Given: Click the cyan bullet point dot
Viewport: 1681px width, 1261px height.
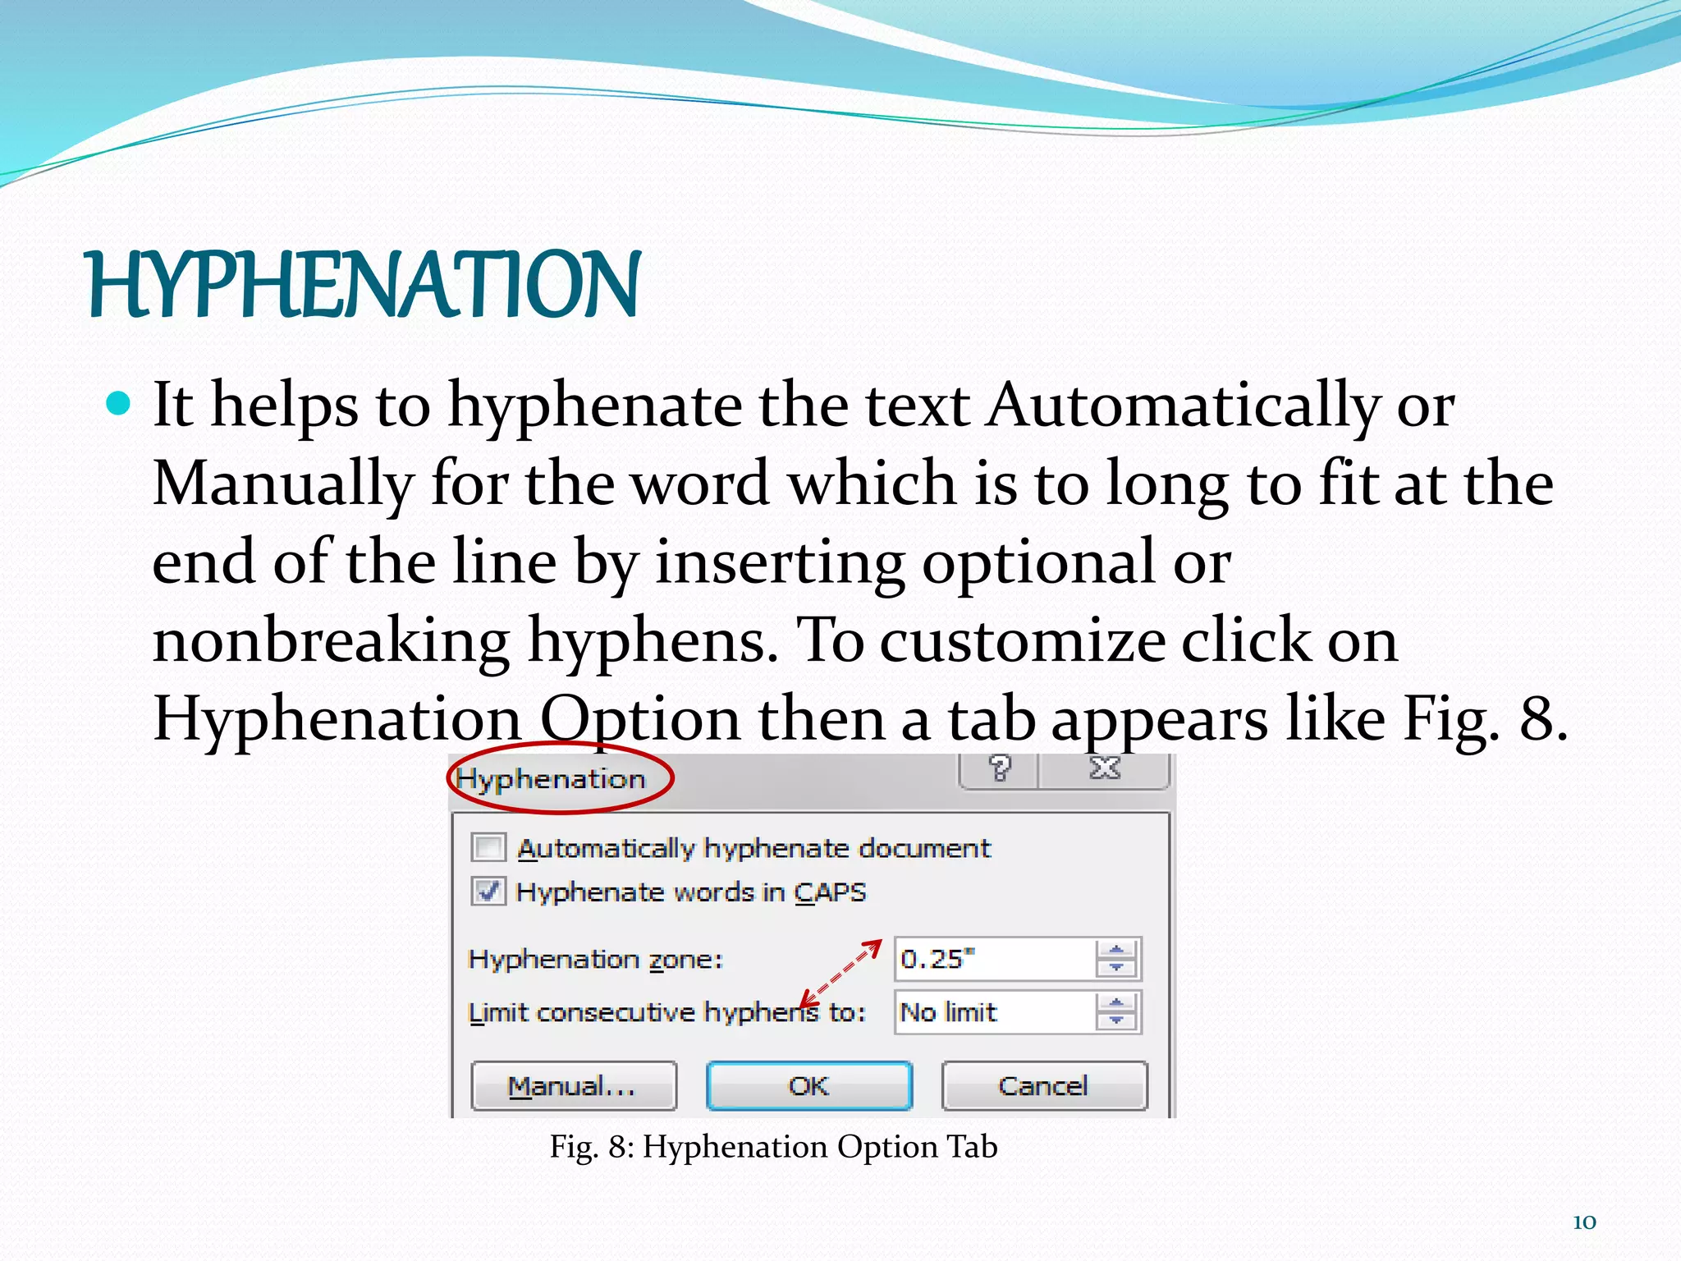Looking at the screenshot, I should pyautogui.click(x=119, y=403).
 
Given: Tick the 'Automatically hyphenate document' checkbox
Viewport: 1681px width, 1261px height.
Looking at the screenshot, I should pyautogui.click(x=488, y=846).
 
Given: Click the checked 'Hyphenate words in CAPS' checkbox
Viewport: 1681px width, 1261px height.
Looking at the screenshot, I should pyautogui.click(x=488, y=891).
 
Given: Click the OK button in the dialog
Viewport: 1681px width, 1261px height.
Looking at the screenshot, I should pyautogui.click(x=809, y=1086).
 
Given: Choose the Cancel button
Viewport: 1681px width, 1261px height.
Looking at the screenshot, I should pyautogui.click(x=1043, y=1086).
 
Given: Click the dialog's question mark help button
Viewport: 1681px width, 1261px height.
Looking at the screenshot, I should pyautogui.click(x=999, y=769).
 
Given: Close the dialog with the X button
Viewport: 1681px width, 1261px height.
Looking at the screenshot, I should pyautogui.click(x=1104, y=769).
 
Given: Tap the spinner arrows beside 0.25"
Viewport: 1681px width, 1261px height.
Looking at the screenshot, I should pyautogui.click(x=1116, y=959).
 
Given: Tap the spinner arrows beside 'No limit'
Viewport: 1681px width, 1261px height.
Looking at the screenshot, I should pyautogui.click(x=1116, y=1012).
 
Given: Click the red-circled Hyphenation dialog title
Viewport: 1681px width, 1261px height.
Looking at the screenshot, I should pyautogui.click(x=552, y=778).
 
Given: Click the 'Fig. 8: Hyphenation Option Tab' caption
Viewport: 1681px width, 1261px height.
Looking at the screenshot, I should pyautogui.click(x=773, y=1147).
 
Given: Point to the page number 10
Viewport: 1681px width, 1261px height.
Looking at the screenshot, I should pyautogui.click(x=1584, y=1222).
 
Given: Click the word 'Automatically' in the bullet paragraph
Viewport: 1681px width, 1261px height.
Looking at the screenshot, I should pyautogui.click(x=1183, y=406).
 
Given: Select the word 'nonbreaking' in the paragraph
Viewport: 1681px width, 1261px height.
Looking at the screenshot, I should pyautogui.click(x=331, y=641).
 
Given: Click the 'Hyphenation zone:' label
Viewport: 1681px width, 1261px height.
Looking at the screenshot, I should pyautogui.click(x=595, y=960).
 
